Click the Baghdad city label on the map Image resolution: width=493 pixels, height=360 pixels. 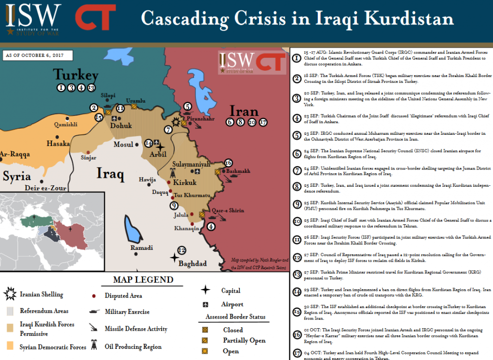click(x=193, y=264)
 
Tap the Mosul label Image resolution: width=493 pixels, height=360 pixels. click(x=123, y=144)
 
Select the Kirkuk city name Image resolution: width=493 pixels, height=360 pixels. click(x=185, y=183)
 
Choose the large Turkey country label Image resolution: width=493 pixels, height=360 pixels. click(x=76, y=75)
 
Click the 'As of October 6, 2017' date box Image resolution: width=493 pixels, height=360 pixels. click(x=37, y=55)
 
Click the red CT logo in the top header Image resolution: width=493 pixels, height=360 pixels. click(x=95, y=17)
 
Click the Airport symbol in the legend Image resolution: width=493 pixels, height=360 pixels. click(x=206, y=305)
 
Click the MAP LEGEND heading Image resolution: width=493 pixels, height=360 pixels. click(x=143, y=280)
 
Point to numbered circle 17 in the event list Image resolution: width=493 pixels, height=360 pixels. click(x=297, y=353)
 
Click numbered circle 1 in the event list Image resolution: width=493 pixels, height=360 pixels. click(x=297, y=58)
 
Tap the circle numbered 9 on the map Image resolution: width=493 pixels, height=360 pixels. click(x=174, y=206)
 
